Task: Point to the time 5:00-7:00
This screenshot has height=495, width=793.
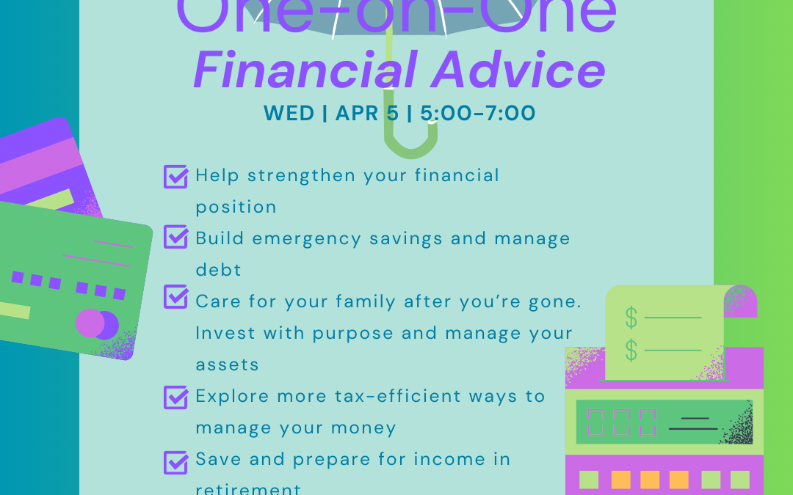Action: (x=478, y=114)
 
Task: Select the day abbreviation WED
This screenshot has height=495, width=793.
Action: (x=289, y=114)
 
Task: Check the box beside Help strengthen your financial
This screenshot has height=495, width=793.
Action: (x=175, y=176)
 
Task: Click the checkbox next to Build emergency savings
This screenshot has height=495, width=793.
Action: (x=175, y=238)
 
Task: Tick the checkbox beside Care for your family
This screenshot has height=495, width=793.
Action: (x=175, y=297)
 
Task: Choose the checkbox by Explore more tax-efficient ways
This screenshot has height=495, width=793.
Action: (x=175, y=397)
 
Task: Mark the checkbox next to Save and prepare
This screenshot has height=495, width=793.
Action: (x=175, y=462)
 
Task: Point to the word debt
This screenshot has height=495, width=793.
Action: (x=218, y=270)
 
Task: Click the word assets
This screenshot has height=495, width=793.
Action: (x=227, y=364)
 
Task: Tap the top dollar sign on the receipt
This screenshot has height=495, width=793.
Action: (x=631, y=318)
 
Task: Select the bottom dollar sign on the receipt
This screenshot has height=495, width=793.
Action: (x=631, y=350)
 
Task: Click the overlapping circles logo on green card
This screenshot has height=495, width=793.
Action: (x=97, y=323)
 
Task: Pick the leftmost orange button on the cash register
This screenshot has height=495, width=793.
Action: (x=620, y=480)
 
